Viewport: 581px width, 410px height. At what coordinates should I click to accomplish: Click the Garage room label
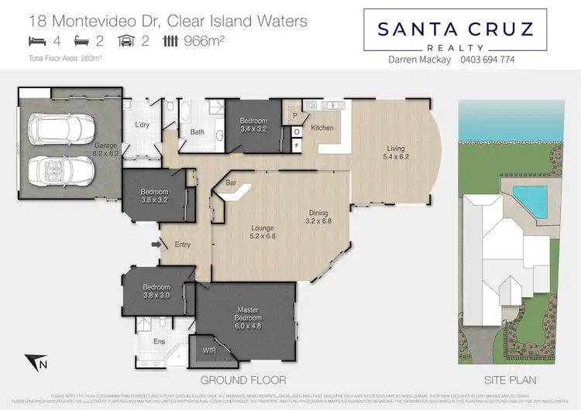(x=105, y=149)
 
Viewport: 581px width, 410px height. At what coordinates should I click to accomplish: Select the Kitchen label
(x=321, y=127)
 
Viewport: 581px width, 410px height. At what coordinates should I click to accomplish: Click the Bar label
(x=230, y=183)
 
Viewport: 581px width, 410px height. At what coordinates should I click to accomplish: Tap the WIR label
(x=209, y=350)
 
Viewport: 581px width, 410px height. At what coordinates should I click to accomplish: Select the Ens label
(x=159, y=341)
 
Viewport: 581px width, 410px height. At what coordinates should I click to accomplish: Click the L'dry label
(x=143, y=125)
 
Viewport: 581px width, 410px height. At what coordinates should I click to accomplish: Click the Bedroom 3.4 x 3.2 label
(x=253, y=125)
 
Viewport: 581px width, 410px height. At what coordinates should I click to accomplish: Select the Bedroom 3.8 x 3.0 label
(x=156, y=290)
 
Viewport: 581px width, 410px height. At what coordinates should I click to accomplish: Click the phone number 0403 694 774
(x=487, y=59)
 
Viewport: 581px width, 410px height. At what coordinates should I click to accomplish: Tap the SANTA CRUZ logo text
(x=456, y=29)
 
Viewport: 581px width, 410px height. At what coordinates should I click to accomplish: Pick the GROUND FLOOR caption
(x=243, y=380)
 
